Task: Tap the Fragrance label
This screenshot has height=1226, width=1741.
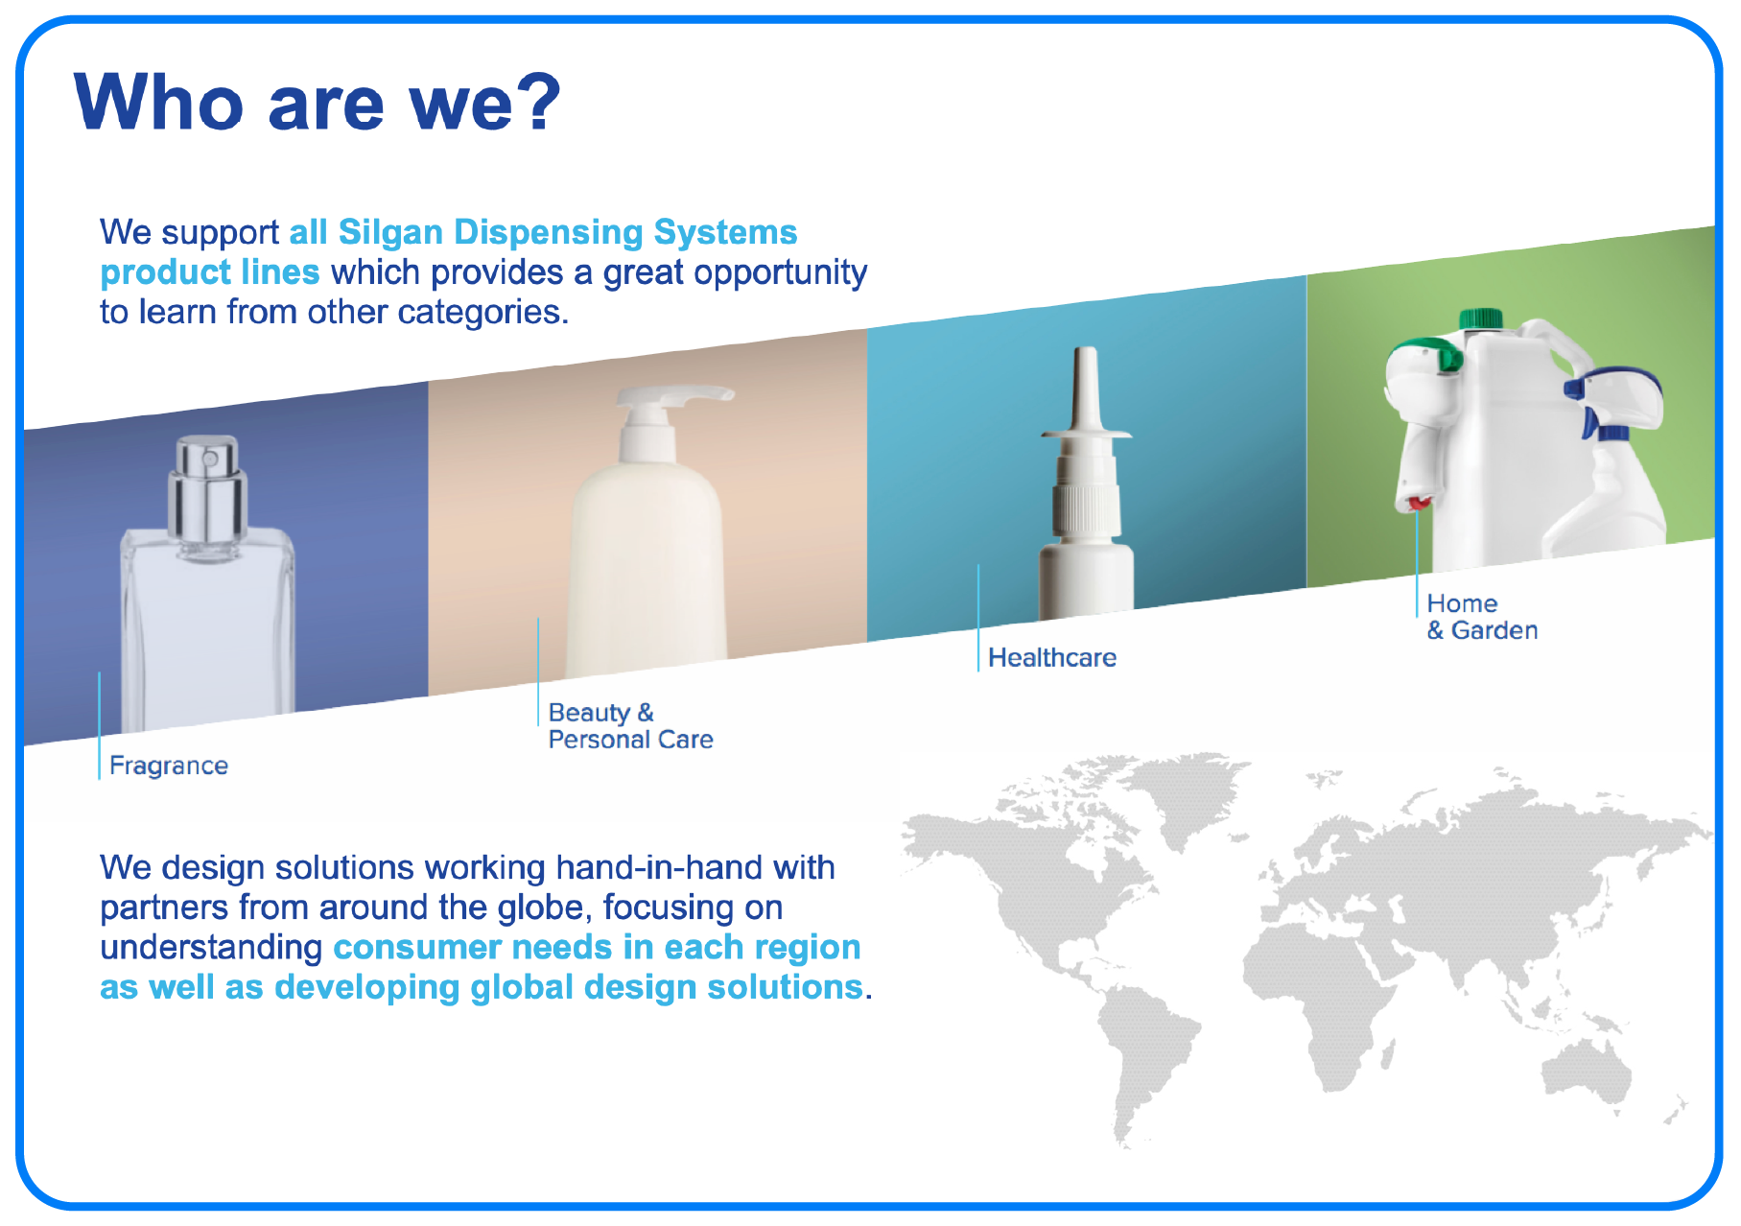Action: pos(169,766)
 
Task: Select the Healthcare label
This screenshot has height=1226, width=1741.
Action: pos(1052,657)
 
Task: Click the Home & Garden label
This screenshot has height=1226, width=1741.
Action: pos(1482,617)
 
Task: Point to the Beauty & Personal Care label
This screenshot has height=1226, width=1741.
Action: pos(630,726)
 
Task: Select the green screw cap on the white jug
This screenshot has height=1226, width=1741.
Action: pos(1480,318)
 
